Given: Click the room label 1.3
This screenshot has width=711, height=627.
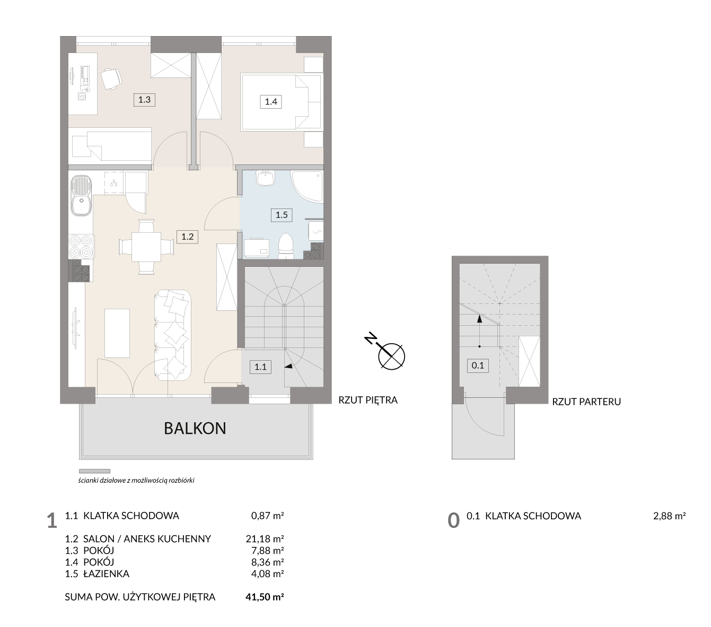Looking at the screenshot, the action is (144, 100).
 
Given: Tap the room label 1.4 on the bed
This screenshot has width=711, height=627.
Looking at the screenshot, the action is (270, 102).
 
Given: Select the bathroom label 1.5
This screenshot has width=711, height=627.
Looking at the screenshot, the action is (282, 215).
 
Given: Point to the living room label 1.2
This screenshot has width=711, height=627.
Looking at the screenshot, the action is (187, 237).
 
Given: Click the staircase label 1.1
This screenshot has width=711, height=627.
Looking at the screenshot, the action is (260, 367).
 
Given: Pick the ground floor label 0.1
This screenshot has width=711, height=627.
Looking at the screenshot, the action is (478, 365).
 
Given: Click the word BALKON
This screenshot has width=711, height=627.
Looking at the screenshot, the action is (195, 429).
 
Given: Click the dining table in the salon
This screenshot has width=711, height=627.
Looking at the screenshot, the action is (146, 247).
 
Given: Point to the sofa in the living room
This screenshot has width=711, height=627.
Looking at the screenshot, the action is (172, 335).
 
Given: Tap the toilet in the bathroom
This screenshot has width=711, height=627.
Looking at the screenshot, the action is (286, 247).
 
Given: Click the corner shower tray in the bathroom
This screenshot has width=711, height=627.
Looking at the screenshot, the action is (307, 187).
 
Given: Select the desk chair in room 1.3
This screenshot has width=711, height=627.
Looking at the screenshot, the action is (111, 79).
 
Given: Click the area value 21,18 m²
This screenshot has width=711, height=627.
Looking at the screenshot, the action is (265, 538).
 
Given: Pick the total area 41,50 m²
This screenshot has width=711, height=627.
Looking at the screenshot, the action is (265, 597).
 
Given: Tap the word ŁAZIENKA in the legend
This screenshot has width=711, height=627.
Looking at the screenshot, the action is (107, 573).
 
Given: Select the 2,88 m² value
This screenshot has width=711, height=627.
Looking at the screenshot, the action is (669, 516).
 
